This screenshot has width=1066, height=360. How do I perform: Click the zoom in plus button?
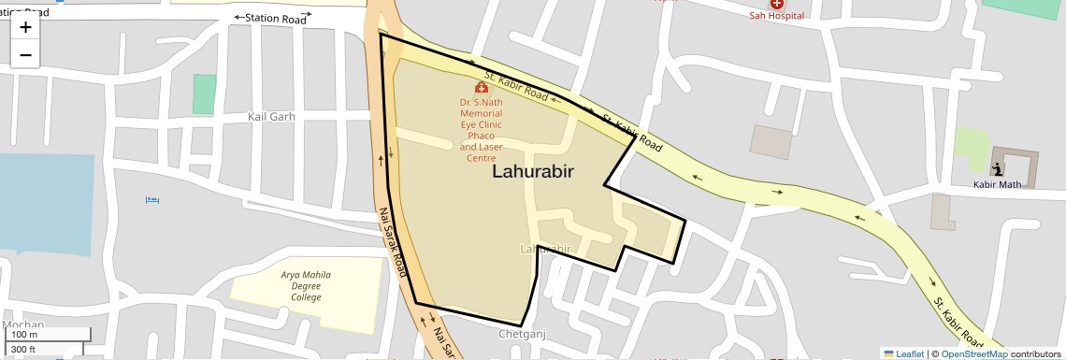coord(25,27)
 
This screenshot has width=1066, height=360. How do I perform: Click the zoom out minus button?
coord(25,54)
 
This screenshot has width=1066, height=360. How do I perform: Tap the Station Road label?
coord(276,18)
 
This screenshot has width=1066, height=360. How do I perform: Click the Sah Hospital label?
coord(777,16)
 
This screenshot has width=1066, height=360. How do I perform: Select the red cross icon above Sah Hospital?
coord(777,4)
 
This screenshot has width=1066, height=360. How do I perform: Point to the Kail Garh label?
coord(271,117)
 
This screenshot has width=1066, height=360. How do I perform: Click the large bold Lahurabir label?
coord(532,171)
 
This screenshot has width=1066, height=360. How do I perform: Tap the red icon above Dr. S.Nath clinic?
coord(482,87)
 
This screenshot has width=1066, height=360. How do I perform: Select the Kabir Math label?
coord(999,184)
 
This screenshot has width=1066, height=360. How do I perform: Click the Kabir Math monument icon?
coord(999,169)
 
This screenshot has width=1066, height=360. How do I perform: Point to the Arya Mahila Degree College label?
coord(306,286)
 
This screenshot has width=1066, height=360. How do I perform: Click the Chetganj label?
coord(522,334)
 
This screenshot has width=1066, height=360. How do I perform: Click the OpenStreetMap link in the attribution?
coord(973,353)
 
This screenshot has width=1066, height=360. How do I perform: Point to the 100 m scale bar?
coord(25,334)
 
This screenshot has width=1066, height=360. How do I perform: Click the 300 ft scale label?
coord(24,350)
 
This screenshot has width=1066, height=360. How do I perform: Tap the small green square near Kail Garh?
coord(204,94)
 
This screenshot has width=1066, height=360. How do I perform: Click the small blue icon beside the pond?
coord(153,200)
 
